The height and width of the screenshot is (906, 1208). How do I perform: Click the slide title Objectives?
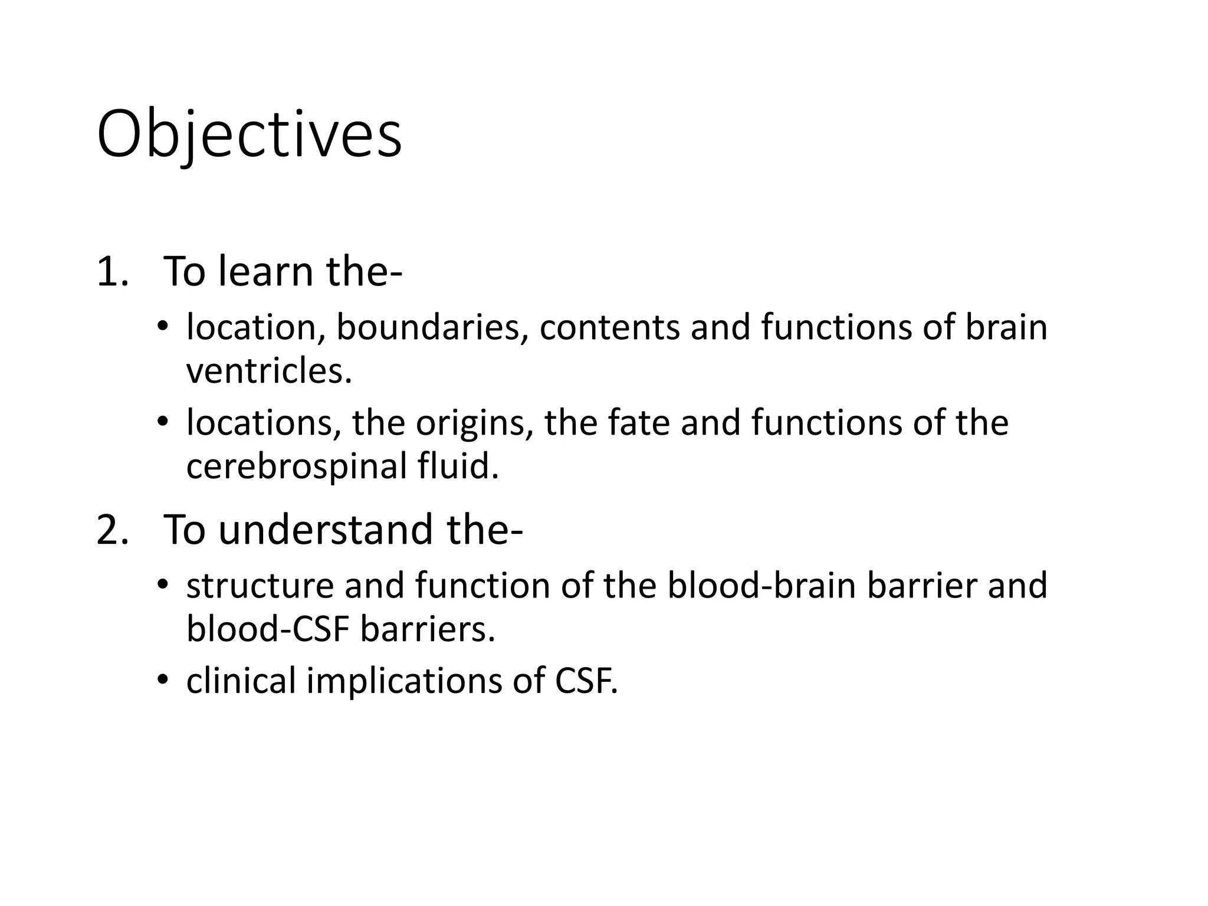point(249,134)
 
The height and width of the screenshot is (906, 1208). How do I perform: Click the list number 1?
point(111,272)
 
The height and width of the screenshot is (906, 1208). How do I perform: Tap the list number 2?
point(111,530)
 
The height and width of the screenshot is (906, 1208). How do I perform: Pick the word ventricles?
point(269,371)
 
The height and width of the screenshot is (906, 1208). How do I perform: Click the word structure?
point(260,586)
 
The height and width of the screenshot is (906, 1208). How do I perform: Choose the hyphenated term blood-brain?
point(761,586)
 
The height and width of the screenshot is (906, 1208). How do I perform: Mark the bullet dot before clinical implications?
point(163,679)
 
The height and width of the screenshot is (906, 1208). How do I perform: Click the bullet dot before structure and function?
point(163,585)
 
